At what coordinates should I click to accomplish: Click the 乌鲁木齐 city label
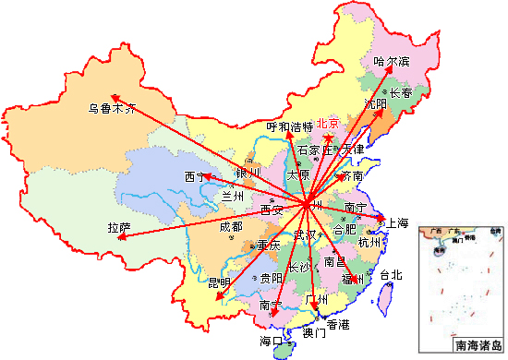(x=112, y=108)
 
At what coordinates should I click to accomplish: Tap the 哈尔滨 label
(x=391, y=62)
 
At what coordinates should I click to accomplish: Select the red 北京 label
(x=328, y=124)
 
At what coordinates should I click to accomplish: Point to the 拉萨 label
(x=118, y=227)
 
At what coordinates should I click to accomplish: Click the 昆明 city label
(x=219, y=282)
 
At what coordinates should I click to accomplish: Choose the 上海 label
(x=397, y=222)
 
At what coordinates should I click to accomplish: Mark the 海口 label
(x=272, y=341)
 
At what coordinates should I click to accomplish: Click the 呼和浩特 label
(x=290, y=126)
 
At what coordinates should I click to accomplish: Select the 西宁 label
(x=196, y=175)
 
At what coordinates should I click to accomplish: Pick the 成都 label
(x=231, y=226)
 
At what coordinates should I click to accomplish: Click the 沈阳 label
(x=376, y=104)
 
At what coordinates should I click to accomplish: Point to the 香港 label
(x=338, y=324)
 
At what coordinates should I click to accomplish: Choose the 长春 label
(x=401, y=93)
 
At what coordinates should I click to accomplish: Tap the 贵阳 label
(x=272, y=277)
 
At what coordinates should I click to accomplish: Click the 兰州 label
(x=233, y=196)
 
